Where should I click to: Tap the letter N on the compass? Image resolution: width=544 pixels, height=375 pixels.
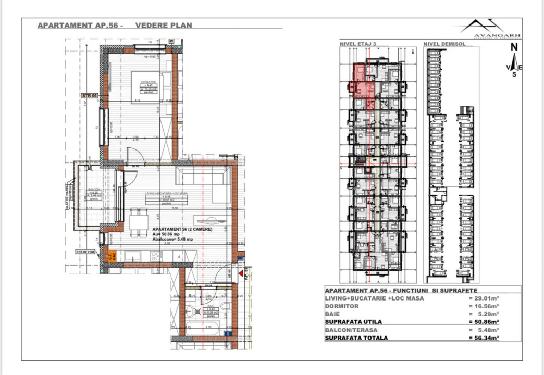pos(514,46)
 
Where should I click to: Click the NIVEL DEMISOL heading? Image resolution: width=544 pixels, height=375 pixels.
pos(443,45)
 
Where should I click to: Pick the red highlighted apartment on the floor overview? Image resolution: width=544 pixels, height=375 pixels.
pos(363,81)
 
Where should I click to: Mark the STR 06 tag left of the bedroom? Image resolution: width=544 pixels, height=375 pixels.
pos(89,96)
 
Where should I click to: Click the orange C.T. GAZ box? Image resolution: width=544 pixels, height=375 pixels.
pos(112,255)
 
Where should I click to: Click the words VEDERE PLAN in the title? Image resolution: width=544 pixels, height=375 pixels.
pos(164,25)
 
